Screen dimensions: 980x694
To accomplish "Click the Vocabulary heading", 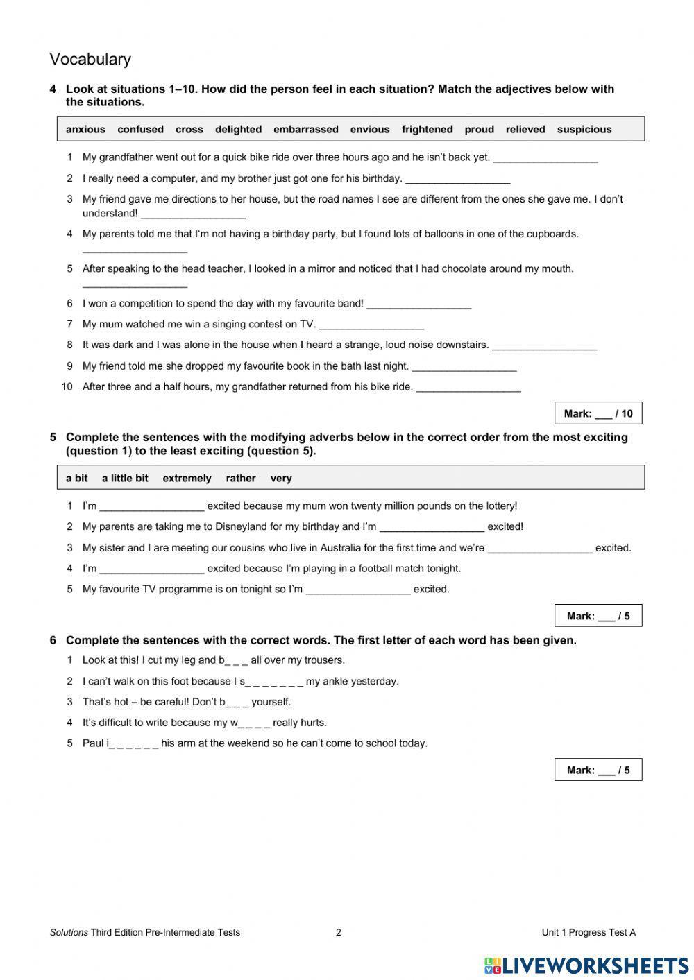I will (90, 60).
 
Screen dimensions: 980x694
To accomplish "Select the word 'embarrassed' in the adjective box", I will (305, 130).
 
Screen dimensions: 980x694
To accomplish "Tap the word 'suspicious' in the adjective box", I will (584, 130).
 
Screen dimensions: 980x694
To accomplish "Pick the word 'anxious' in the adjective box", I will (85, 130).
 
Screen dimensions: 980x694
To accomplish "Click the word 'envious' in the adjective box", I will (369, 130).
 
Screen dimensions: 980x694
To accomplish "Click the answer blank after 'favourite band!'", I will (418, 304).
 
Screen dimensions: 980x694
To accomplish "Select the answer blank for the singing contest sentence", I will (371, 325).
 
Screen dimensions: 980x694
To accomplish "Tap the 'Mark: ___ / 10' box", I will (598, 414).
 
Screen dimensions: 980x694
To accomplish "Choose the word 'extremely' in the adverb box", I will (187, 479).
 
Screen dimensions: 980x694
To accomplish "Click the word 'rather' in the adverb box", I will (240, 479).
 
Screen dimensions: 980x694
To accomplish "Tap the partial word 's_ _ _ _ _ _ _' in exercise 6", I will (271, 682).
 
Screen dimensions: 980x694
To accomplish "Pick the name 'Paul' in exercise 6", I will (93, 743).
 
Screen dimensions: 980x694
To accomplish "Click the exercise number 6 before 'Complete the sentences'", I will (53, 640).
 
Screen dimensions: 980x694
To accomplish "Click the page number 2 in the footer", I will (339, 932).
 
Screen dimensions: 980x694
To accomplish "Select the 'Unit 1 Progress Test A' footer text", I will (588, 932).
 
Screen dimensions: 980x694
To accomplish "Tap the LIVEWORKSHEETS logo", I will (586, 964).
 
